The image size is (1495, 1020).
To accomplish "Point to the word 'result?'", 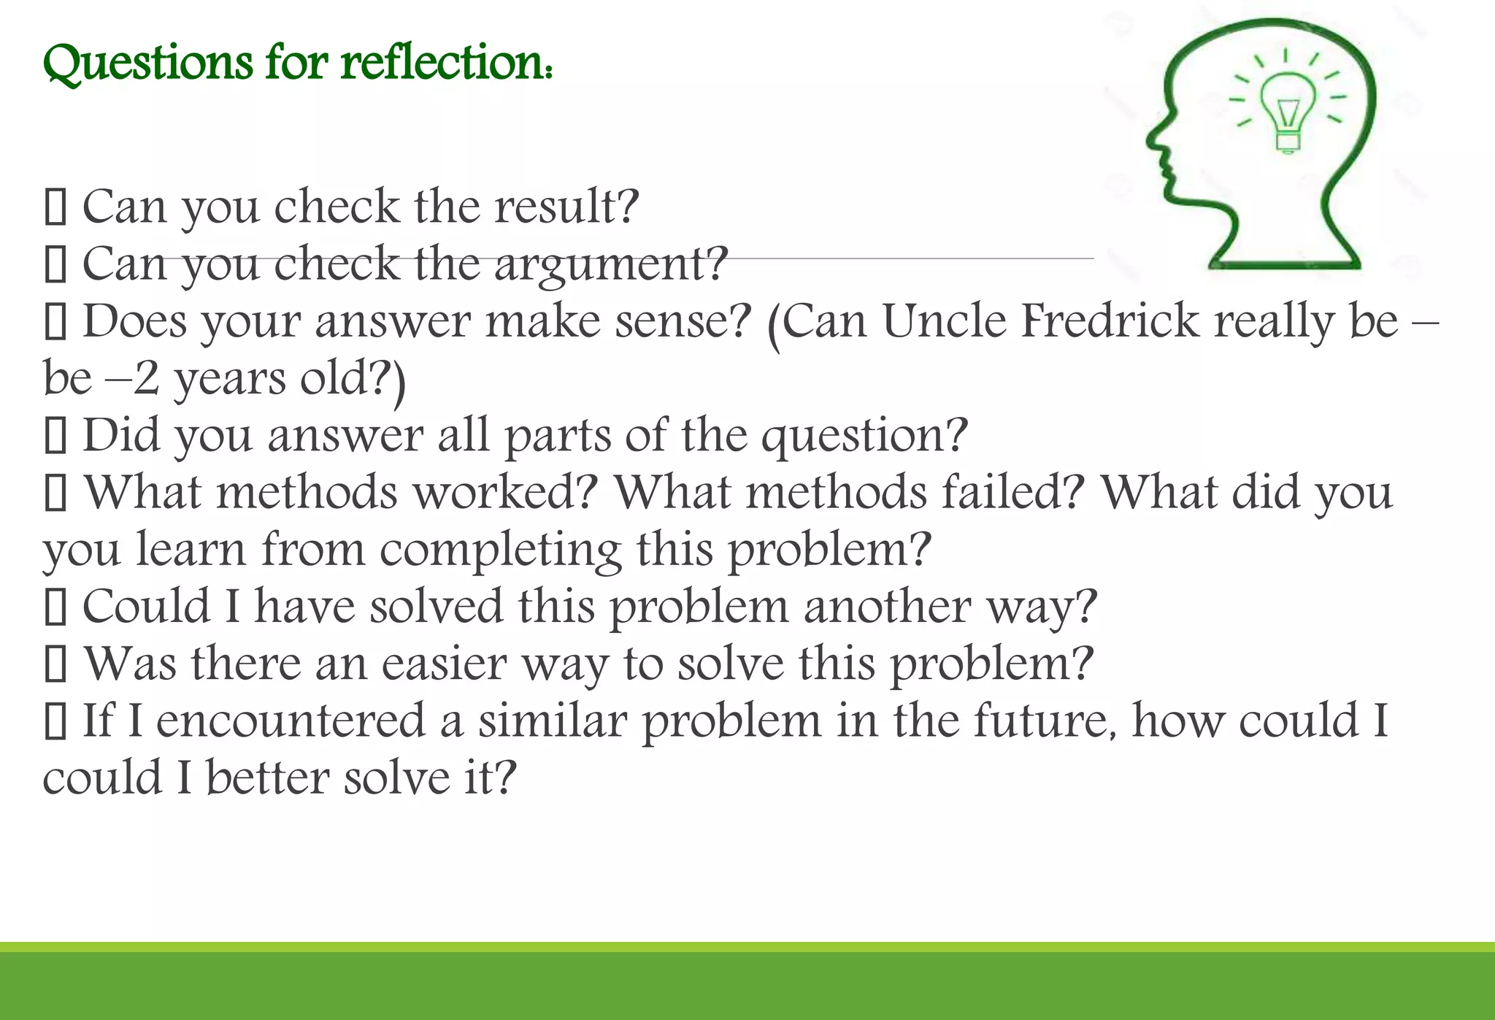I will click(x=566, y=207).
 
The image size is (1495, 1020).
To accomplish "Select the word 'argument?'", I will click(x=611, y=264).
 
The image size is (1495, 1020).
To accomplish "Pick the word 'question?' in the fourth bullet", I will click(x=864, y=436).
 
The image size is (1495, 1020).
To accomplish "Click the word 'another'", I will click(x=886, y=607).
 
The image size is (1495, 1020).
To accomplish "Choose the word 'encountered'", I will click(x=291, y=721).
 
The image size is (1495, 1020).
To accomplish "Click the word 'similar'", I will click(x=553, y=721).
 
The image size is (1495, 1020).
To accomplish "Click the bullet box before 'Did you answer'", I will click(x=55, y=437).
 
